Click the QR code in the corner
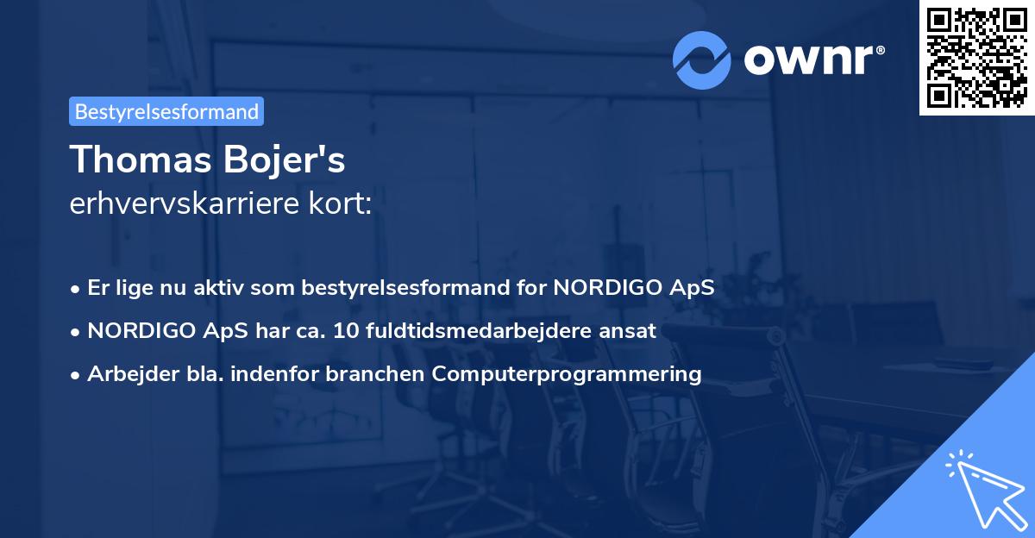[x=976, y=58]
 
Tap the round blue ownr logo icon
[x=702, y=59]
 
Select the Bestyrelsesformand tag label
[x=166, y=111]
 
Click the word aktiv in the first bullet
[x=227, y=287]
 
